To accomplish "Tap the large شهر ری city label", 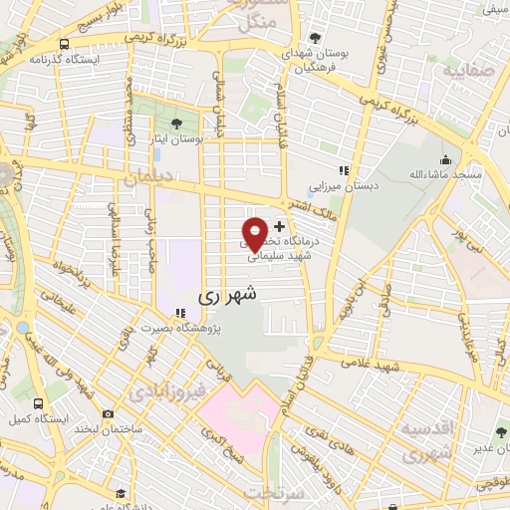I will pos(227,295).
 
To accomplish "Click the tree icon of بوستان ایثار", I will pos(176,125).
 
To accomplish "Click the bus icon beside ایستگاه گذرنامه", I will pos(65,44).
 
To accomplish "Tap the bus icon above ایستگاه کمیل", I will pos(39,404).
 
